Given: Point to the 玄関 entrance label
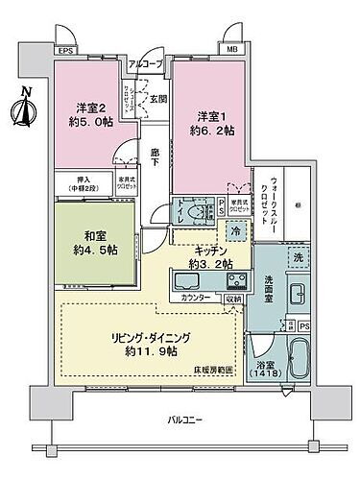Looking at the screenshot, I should coord(159,99).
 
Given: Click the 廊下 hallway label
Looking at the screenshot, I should coord(156,158).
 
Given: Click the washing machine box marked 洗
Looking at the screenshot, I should coord(297,258).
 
